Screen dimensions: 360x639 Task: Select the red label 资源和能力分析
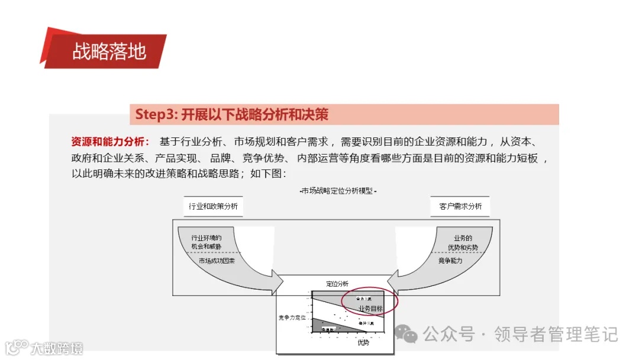[x=110, y=142]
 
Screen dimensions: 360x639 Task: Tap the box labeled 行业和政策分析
[x=213, y=206]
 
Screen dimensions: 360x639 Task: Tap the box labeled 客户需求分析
[x=460, y=206]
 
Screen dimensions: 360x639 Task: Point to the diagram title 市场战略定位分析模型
[x=338, y=191]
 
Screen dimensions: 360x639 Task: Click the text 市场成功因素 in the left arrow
[x=217, y=261]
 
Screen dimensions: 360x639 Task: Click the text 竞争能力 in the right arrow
[x=450, y=261]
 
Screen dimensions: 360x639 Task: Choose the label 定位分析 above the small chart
[x=337, y=284]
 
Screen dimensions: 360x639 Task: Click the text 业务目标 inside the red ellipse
[x=370, y=309]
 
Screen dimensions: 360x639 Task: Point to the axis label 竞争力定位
[x=293, y=317]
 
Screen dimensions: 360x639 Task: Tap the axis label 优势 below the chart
[x=363, y=342]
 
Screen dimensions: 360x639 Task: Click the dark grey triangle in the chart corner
[x=322, y=326]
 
